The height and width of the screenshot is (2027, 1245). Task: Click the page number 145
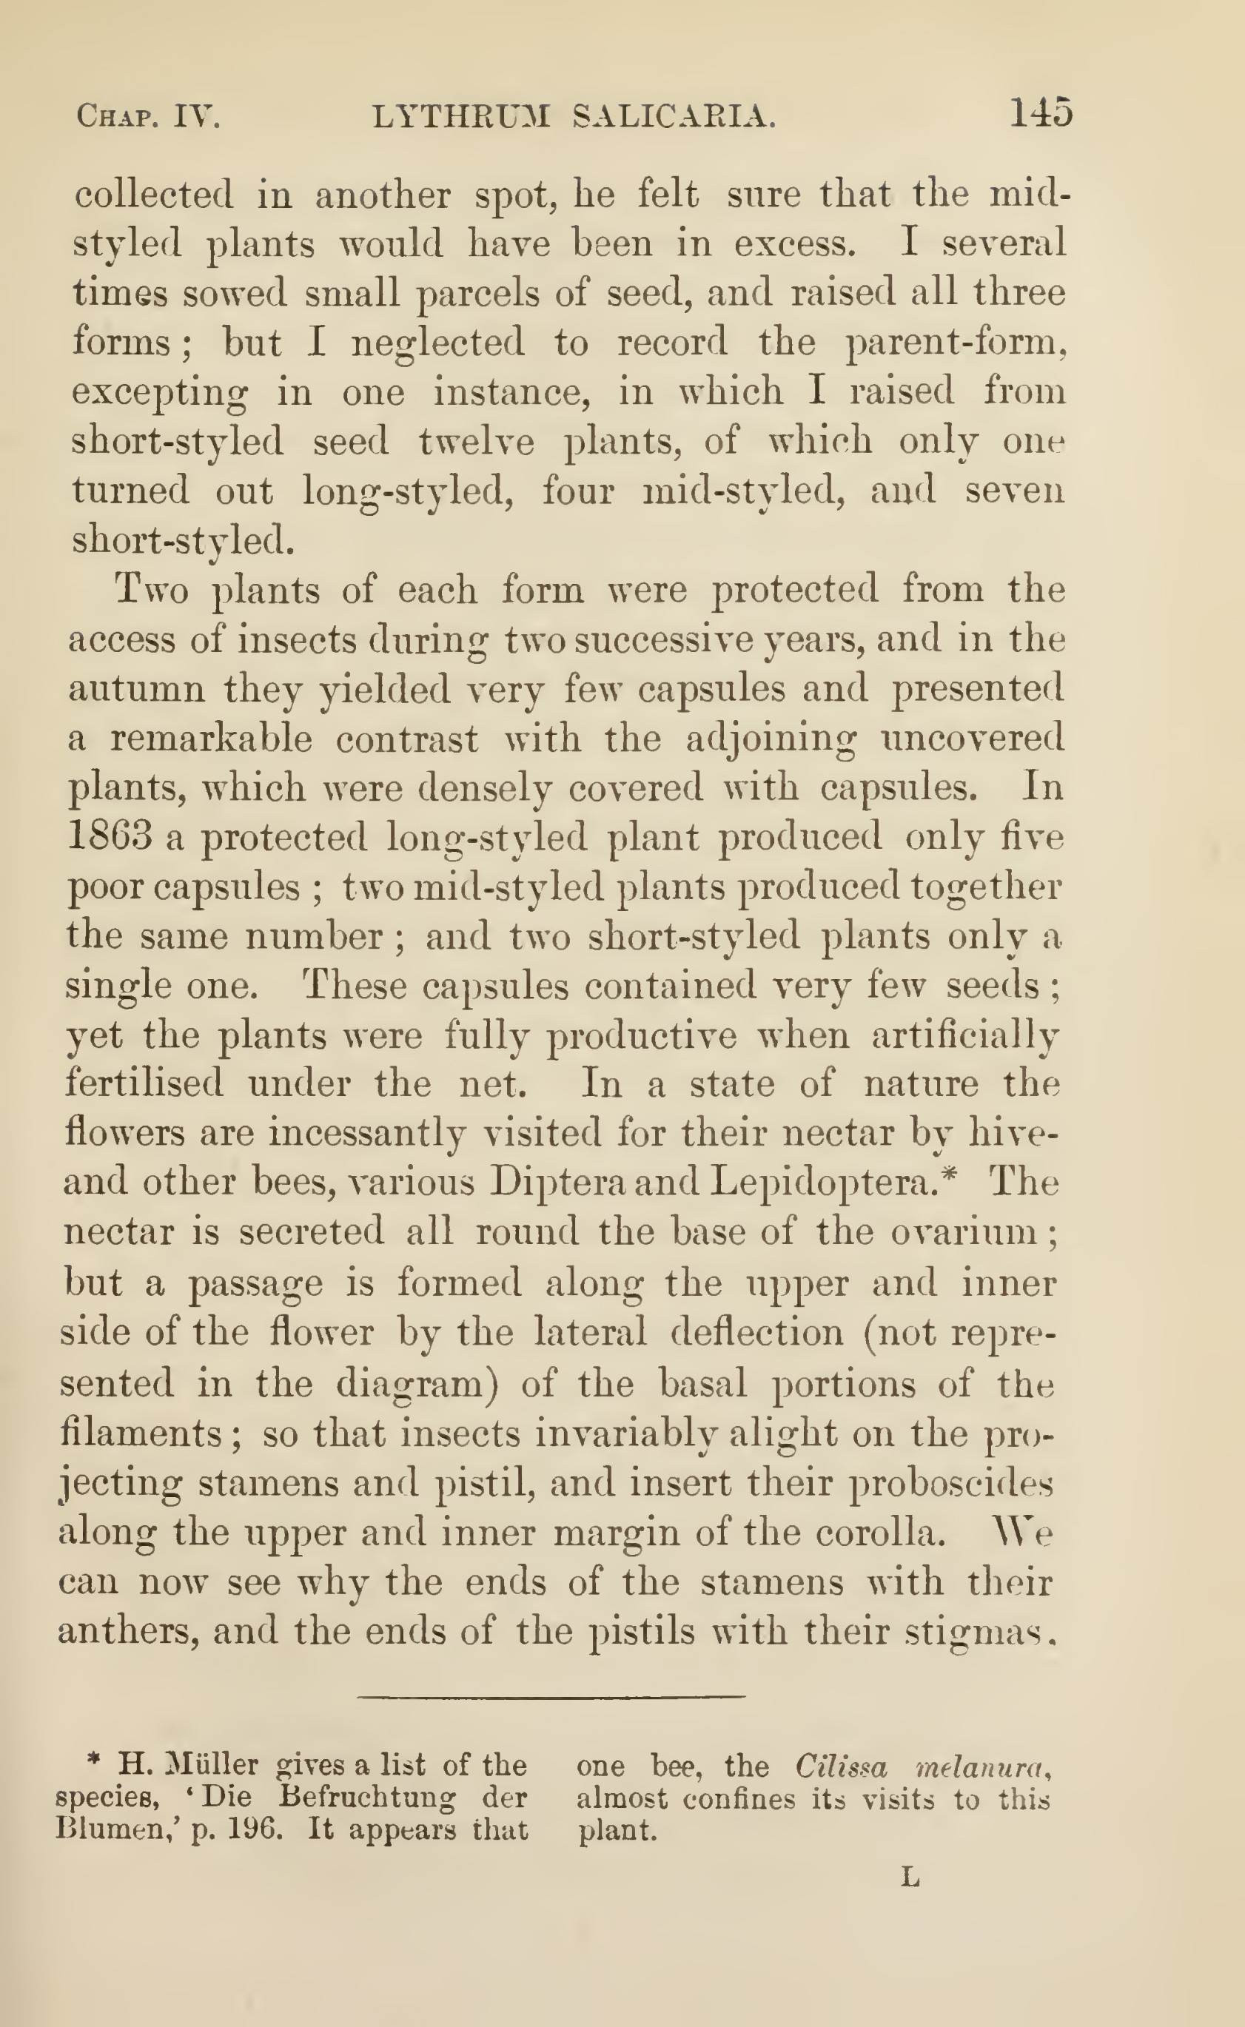[1041, 112]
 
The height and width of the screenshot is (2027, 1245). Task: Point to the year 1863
[110, 836]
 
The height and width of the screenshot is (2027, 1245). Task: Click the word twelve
[476, 442]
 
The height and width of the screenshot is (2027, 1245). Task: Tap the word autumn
[136, 688]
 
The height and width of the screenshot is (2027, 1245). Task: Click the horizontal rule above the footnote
[551, 1696]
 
